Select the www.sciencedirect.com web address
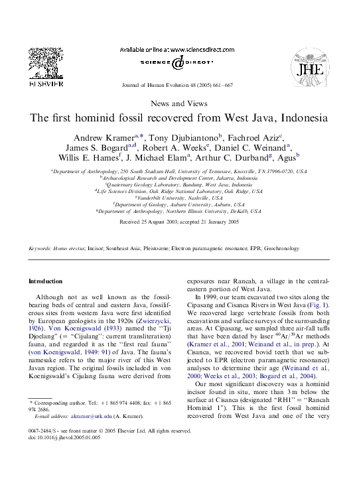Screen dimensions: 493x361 point(194,50)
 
